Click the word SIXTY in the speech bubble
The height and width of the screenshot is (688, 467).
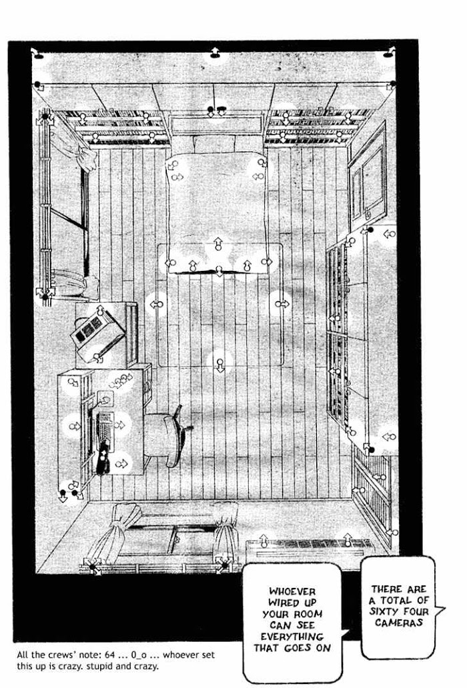[x=383, y=611]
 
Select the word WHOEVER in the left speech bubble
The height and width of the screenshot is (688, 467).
[x=292, y=591]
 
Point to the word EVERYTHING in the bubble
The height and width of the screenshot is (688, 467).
[x=292, y=637]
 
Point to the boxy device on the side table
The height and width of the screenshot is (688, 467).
[x=97, y=335]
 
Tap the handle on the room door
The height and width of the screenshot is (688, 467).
[x=368, y=215]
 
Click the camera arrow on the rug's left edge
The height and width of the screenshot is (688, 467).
[x=157, y=304]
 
